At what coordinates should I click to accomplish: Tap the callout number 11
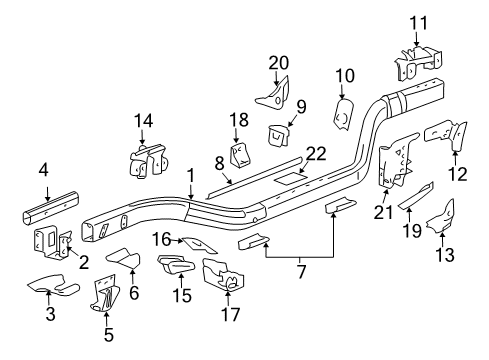[x=417, y=20]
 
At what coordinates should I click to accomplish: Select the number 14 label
[x=144, y=121]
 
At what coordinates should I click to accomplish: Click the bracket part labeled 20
[x=270, y=93]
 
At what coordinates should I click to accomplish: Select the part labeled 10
[x=344, y=111]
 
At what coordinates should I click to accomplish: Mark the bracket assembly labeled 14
[x=145, y=162]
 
